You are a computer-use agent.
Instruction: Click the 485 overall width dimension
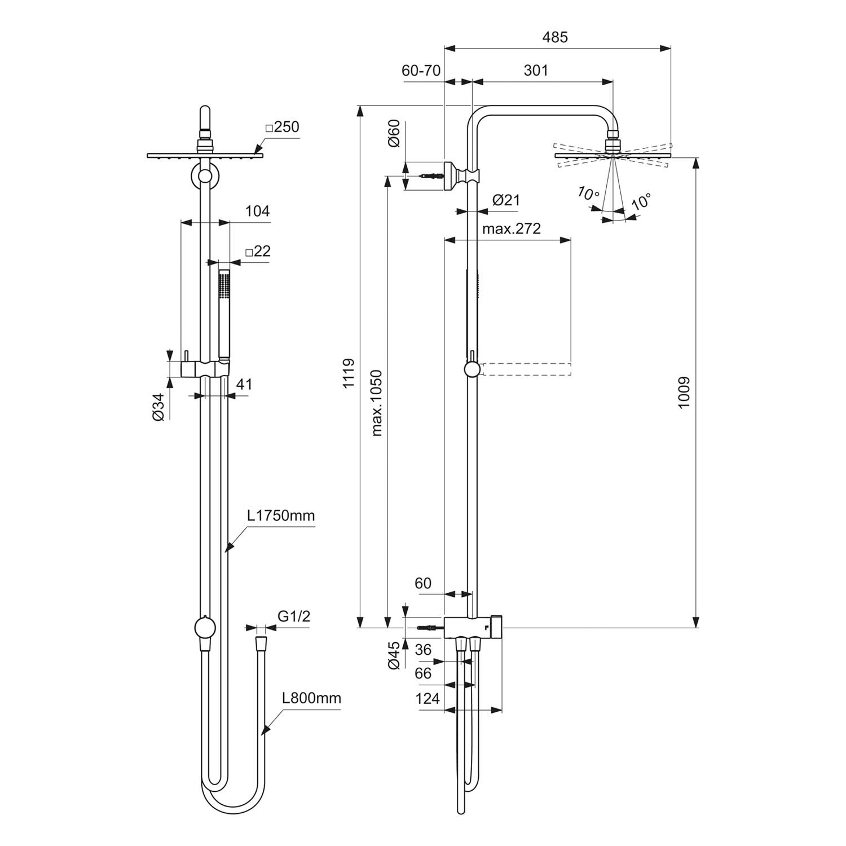point(555,37)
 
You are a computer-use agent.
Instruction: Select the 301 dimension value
point(535,70)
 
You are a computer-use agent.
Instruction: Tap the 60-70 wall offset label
point(421,70)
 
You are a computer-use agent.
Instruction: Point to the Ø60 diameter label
point(394,133)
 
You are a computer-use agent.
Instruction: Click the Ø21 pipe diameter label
point(506,200)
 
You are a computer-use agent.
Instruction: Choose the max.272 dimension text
point(512,228)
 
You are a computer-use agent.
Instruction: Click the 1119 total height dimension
point(348,372)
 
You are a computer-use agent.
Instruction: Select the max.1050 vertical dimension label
point(377,403)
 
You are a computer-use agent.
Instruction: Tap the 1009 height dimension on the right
point(684,393)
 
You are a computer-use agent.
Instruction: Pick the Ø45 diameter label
point(394,654)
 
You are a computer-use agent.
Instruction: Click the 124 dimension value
point(427,699)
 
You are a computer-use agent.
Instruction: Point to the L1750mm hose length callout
point(280,515)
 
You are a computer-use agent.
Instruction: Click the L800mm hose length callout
point(311,698)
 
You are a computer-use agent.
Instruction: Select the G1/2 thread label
point(293,616)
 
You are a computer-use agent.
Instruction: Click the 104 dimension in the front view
point(257,211)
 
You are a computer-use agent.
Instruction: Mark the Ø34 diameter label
point(158,407)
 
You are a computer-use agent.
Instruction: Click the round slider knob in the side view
point(473,369)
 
